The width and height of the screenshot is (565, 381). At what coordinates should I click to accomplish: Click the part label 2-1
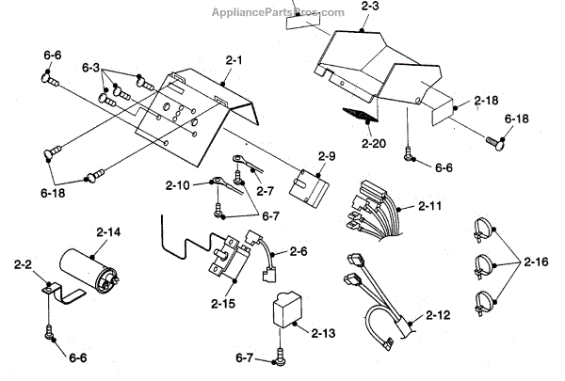coord(234,59)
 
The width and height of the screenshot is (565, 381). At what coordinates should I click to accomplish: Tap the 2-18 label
coord(486,99)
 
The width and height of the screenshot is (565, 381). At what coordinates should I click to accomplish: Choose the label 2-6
coord(300,251)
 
